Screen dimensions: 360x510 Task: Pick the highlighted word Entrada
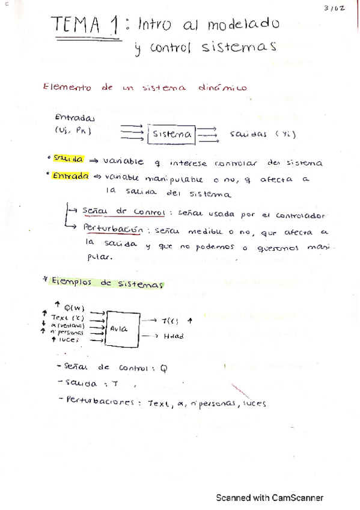tap(70, 177)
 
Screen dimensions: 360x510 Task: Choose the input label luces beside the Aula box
tap(70, 339)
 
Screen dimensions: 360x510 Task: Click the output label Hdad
tap(174, 336)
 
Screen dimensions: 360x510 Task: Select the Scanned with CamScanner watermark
tap(270, 498)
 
